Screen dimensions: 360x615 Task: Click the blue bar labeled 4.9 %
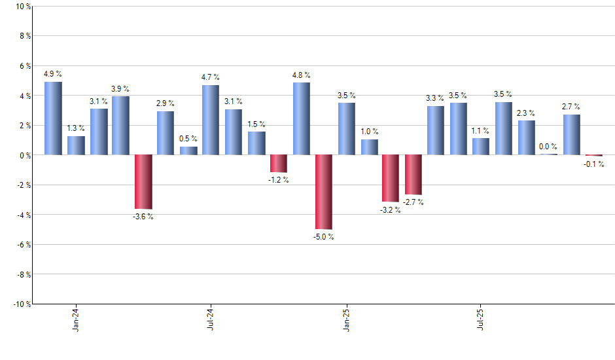(x=53, y=118)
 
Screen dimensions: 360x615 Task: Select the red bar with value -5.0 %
(x=324, y=192)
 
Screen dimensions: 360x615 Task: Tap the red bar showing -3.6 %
(x=143, y=181)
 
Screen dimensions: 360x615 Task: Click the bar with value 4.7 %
(x=211, y=120)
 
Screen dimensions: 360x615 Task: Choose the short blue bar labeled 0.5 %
(x=188, y=151)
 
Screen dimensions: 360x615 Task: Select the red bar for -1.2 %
(x=279, y=164)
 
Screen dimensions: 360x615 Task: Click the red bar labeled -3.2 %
(x=391, y=178)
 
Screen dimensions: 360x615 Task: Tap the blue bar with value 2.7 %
(x=571, y=135)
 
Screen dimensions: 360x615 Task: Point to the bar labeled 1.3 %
(x=76, y=145)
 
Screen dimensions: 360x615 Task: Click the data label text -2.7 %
(x=413, y=202)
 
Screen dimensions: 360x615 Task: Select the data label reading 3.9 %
(x=120, y=89)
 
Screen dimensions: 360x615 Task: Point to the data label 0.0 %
(x=548, y=147)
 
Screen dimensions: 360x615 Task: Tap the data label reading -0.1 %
(x=594, y=164)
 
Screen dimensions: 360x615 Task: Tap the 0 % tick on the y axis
(x=24, y=155)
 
